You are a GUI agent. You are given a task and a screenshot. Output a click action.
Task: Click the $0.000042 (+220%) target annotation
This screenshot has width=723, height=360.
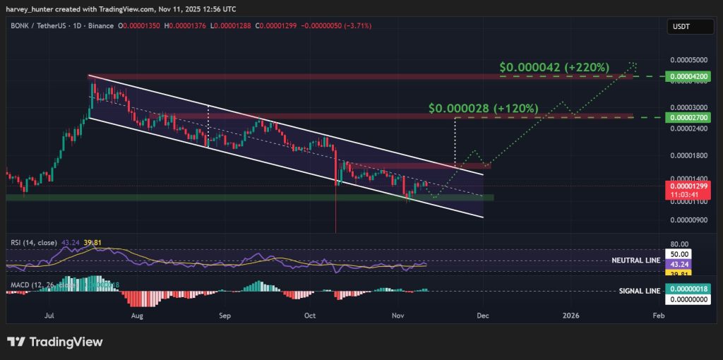tap(554, 67)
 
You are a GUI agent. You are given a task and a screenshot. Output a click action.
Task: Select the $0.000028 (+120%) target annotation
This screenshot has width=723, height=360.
tap(484, 109)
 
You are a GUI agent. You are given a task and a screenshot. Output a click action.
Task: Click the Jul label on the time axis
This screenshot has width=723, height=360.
tap(49, 316)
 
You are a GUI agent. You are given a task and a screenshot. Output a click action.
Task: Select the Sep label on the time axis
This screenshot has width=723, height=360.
tap(225, 316)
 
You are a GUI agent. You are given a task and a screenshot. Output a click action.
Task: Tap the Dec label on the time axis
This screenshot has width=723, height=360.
tap(483, 316)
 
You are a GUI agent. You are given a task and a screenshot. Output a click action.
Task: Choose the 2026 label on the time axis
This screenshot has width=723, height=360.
tap(570, 316)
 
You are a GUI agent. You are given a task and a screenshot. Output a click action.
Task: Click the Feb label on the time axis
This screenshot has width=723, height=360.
tap(658, 316)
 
